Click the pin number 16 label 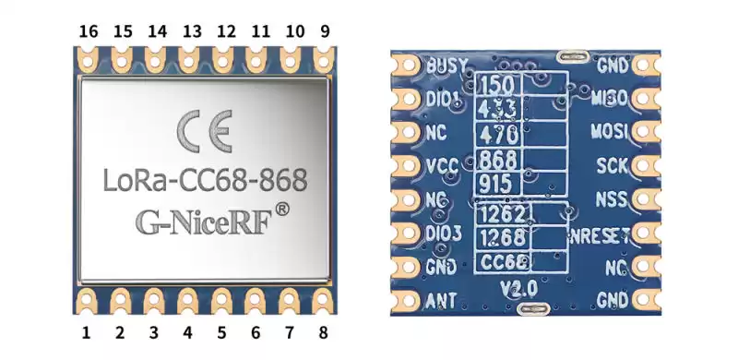click(89, 30)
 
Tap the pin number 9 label click(324, 30)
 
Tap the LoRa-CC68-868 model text click(204, 179)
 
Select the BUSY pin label click(448, 66)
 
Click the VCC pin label click(444, 167)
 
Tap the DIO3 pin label click(445, 233)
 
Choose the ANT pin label click(442, 299)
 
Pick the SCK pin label click(612, 166)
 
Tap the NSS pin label click(612, 199)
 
